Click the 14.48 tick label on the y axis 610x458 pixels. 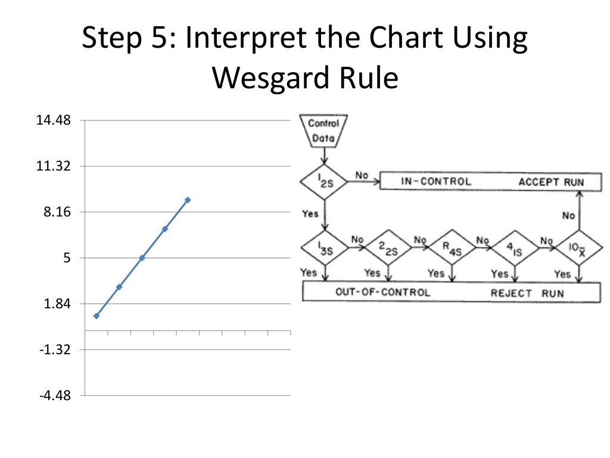coord(54,120)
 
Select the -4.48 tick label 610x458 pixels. coord(54,396)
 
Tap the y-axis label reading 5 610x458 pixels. coord(67,258)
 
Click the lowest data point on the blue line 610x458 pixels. coord(97,315)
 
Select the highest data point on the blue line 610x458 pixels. coord(188,200)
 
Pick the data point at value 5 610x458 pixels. coord(142,258)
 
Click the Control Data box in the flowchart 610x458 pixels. coord(323,131)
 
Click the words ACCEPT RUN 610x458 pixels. coord(551,181)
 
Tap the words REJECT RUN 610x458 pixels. coord(527,293)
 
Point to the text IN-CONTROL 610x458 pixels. coord(435,181)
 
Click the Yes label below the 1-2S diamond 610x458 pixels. coord(310,213)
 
